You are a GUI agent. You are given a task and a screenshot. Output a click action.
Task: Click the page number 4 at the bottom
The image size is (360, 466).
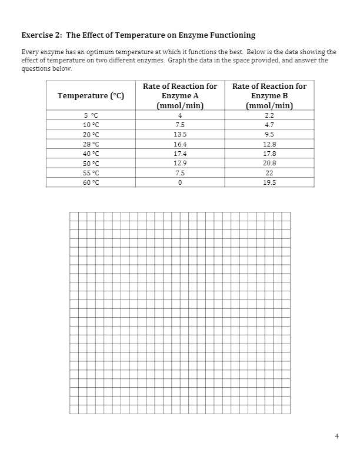(336, 436)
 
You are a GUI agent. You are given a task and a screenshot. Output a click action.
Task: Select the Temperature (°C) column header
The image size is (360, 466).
(91, 96)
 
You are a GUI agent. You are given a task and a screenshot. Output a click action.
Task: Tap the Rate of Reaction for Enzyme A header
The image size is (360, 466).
(180, 96)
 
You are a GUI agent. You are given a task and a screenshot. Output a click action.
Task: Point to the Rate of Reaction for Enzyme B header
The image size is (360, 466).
(269, 96)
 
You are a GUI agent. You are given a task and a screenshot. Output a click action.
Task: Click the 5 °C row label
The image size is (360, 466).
(91, 115)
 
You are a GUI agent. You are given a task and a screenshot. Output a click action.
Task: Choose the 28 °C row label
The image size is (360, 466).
(91, 144)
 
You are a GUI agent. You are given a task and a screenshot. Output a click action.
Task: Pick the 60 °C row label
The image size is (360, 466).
(91, 182)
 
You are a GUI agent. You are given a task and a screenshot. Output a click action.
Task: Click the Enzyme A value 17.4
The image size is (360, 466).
(180, 154)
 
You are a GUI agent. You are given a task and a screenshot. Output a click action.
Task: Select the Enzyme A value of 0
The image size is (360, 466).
(180, 182)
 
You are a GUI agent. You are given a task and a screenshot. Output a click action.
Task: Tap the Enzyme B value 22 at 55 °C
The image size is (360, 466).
(269, 173)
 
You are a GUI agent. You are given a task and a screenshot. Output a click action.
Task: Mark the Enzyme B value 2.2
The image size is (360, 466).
(269, 115)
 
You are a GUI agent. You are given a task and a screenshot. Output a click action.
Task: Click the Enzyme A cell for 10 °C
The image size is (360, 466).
(180, 125)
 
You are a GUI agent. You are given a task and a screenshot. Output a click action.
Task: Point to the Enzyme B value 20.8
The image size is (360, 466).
(269, 163)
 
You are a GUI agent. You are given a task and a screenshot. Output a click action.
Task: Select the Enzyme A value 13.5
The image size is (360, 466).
(180, 134)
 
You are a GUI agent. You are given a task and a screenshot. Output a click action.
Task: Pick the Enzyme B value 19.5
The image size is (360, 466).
(269, 182)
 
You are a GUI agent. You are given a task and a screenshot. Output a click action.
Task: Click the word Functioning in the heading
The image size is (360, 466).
(228, 35)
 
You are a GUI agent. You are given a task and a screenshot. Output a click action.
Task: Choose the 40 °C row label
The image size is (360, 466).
(91, 154)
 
